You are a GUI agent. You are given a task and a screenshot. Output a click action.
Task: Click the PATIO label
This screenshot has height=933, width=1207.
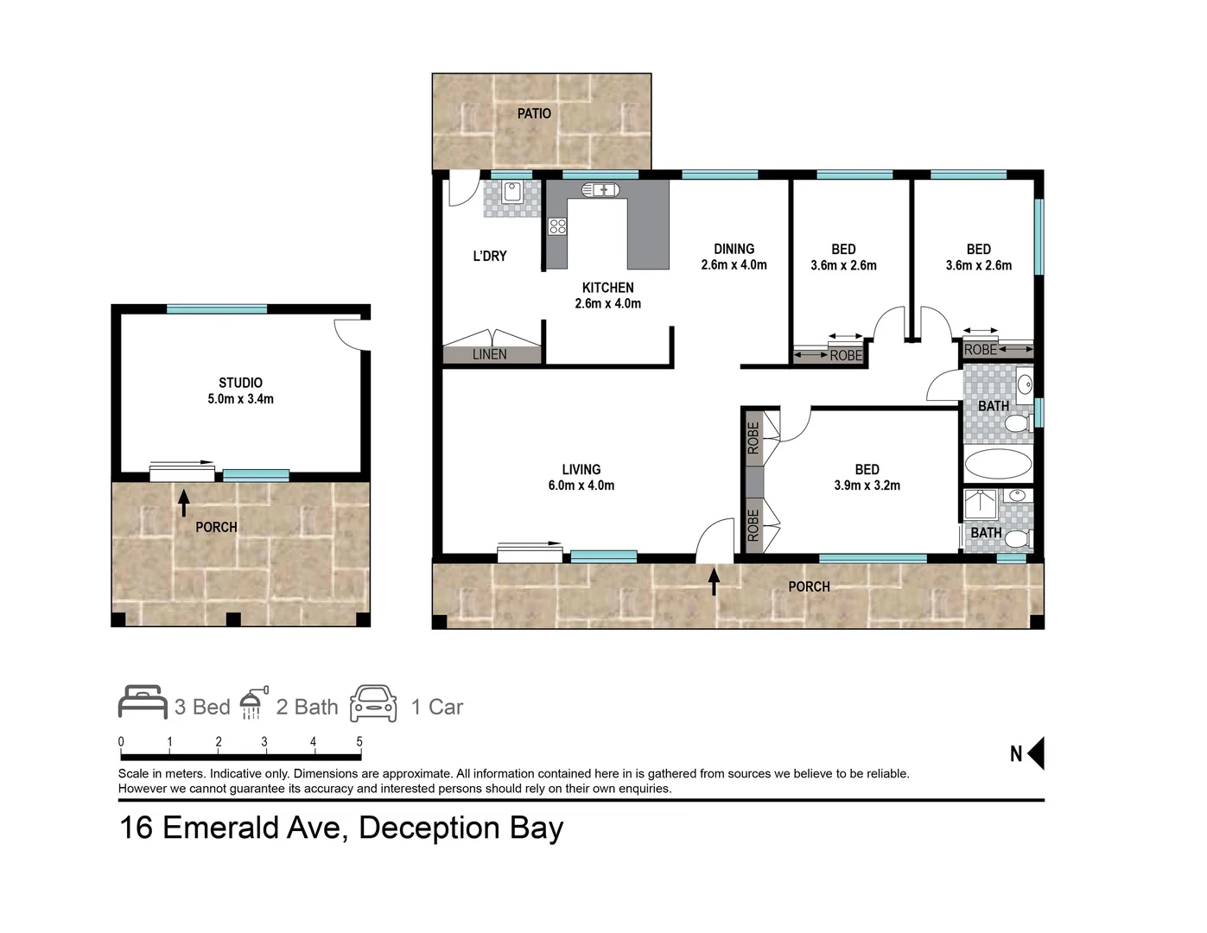(x=534, y=113)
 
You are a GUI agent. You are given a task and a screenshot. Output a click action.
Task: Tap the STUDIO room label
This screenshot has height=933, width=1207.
(x=240, y=383)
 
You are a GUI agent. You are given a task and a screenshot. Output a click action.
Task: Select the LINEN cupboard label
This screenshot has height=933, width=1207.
(x=490, y=354)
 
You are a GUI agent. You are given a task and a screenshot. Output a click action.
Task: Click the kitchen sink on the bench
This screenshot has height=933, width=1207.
(x=600, y=189)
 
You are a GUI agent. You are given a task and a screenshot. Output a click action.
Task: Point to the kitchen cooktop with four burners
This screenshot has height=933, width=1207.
(x=557, y=226)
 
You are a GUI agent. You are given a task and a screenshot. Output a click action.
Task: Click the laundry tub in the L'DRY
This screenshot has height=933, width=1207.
(x=511, y=192)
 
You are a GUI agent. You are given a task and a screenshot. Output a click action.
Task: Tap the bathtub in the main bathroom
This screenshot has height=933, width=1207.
(x=998, y=464)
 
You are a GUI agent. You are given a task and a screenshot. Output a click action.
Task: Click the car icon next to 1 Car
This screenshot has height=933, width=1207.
(x=373, y=704)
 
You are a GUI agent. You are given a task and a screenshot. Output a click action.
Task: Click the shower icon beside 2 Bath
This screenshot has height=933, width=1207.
(x=251, y=704)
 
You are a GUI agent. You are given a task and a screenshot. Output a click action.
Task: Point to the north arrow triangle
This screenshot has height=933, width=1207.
(x=1036, y=753)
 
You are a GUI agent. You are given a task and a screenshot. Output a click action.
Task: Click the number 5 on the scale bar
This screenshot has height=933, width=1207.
(x=359, y=741)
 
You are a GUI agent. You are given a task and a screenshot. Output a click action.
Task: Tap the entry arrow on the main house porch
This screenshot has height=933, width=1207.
(x=714, y=581)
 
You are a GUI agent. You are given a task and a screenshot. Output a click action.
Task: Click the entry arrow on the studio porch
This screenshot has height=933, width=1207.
(x=183, y=502)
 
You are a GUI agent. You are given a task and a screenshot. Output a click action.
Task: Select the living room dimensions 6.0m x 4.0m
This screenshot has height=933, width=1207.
(x=581, y=486)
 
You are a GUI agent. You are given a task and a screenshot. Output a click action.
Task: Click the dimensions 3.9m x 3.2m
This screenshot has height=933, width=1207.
(x=867, y=486)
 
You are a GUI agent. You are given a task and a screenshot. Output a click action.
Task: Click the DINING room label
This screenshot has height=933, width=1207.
(x=734, y=249)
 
